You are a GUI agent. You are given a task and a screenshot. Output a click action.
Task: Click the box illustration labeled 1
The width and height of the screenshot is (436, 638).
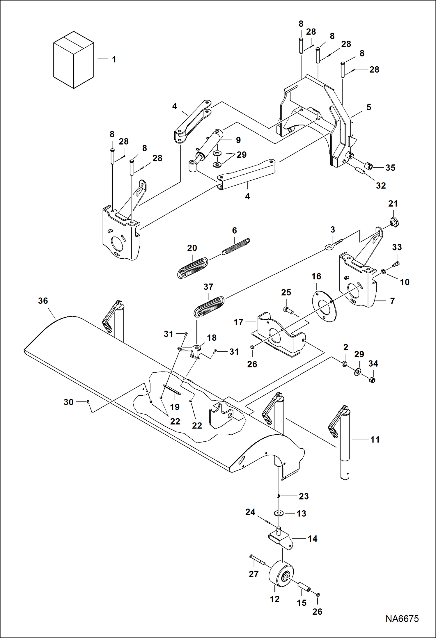[x=73, y=60]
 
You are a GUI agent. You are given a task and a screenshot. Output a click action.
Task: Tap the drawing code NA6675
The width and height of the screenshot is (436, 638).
[x=402, y=618]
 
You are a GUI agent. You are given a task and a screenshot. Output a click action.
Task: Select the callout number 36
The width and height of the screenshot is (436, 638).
[x=43, y=301]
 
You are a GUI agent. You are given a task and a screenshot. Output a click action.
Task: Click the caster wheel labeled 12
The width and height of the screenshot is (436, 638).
[x=281, y=576]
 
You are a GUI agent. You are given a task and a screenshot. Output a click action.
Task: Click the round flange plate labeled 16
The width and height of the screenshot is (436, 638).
[x=324, y=306]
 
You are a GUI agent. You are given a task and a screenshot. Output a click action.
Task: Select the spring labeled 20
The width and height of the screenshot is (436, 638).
[x=193, y=268]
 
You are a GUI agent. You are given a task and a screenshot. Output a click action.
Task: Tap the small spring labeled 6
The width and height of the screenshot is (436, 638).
[x=236, y=246]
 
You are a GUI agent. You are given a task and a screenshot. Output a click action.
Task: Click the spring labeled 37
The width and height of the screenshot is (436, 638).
[x=209, y=306]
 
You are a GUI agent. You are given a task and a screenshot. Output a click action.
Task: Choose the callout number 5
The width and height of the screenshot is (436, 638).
[x=368, y=107]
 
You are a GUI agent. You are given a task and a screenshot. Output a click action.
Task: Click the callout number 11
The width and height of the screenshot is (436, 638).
[x=375, y=440]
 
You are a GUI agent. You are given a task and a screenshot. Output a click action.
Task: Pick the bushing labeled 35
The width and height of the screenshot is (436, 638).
[x=369, y=166]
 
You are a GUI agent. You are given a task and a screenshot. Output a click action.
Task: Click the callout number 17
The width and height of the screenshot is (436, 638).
[x=238, y=322]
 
